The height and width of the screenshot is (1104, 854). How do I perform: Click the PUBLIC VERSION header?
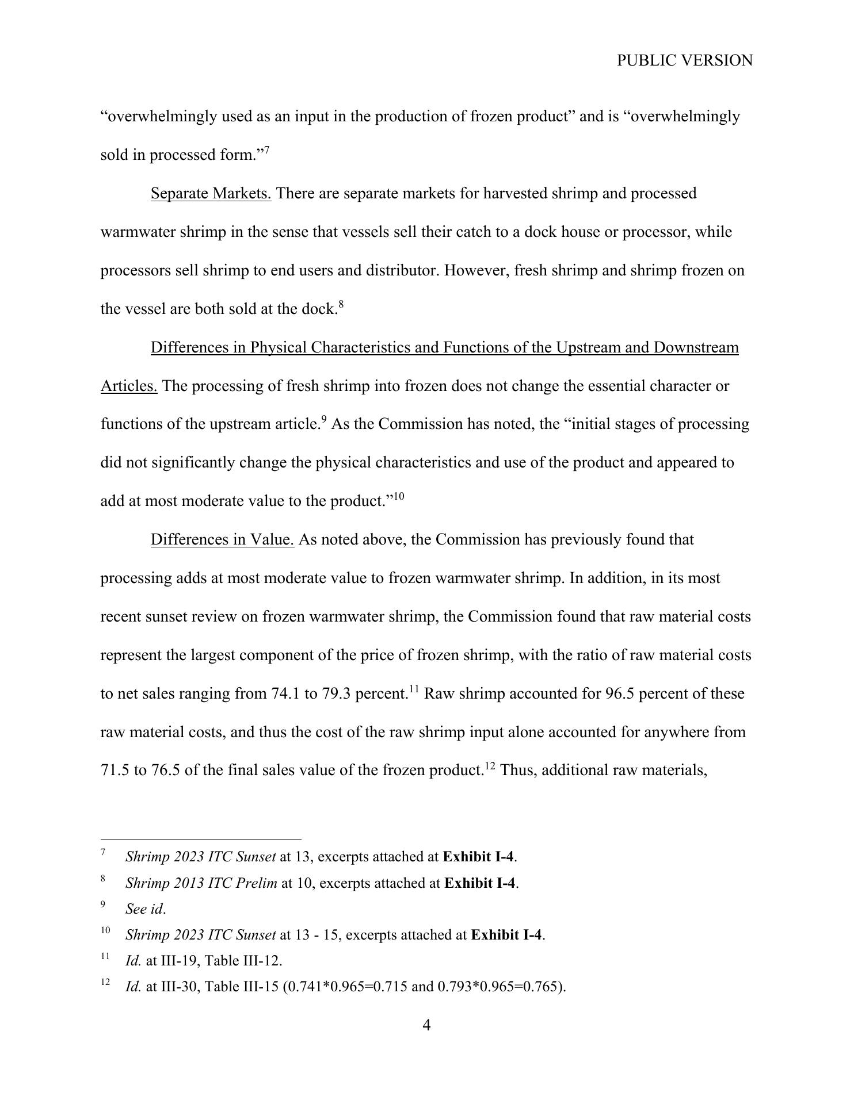point(684,60)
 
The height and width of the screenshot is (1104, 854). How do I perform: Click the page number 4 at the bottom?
point(426,1025)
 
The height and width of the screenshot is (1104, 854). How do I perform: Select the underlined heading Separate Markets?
point(211,193)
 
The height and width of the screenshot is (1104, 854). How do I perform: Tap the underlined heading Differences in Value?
point(222,539)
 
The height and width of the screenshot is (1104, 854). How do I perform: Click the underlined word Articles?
point(129,386)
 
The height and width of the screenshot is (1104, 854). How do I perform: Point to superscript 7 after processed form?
point(266,150)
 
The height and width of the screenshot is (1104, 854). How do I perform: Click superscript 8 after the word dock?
point(341,304)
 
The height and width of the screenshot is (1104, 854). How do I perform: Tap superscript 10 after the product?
point(399,496)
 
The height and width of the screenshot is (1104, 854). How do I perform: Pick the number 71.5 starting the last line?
point(115,770)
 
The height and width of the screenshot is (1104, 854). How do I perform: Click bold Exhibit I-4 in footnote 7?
point(478,857)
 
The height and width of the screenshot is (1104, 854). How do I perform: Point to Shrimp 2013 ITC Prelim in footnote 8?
point(201,883)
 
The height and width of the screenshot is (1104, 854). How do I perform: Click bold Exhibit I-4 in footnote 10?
point(506,935)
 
